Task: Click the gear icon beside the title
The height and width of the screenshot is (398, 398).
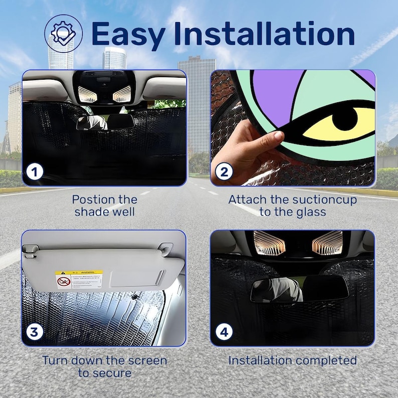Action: click(x=64, y=33)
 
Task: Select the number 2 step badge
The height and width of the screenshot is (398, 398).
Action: click(x=224, y=172)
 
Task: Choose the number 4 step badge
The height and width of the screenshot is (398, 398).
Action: click(x=224, y=331)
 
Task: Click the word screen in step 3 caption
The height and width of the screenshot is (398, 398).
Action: click(x=149, y=360)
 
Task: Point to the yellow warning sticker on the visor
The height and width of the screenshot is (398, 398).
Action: click(x=79, y=279)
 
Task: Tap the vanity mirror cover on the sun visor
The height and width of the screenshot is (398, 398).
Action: click(x=136, y=276)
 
